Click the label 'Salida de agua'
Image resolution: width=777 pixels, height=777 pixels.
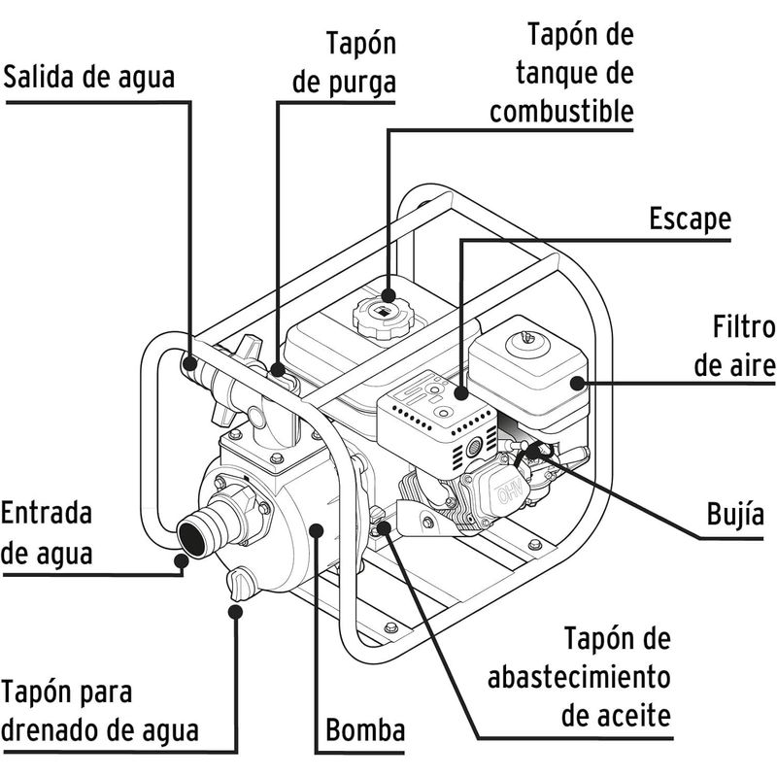click(89, 78)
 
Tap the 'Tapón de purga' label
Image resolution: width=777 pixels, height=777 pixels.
click(344, 64)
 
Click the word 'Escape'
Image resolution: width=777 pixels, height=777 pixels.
click(690, 219)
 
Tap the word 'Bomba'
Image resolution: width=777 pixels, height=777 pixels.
click(365, 730)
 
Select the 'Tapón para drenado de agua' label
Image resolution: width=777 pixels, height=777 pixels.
click(101, 710)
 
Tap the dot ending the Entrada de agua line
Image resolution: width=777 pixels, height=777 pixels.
click(181, 557)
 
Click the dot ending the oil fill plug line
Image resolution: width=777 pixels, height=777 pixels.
click(385, 526)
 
